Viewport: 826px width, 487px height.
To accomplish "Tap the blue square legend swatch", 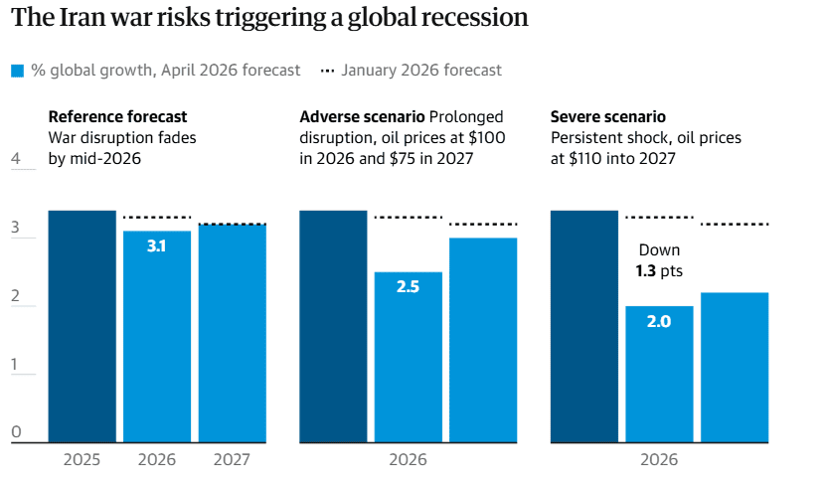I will coord(17,71).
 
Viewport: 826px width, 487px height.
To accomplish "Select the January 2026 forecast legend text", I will coord(421,71).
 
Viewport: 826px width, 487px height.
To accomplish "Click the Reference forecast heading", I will coord(117,117).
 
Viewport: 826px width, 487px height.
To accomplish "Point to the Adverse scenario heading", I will coord(363,117).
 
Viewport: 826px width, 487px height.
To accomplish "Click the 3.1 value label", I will coord(156,245).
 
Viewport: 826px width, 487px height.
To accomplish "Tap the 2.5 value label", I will coord(408,286).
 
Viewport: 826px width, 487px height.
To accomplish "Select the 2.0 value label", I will coord(658,321).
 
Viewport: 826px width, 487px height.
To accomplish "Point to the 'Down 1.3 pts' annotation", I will coord(660,260).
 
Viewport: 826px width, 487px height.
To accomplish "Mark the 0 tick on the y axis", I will coord(16,431).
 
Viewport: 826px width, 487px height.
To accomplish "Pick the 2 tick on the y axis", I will coord(16,296).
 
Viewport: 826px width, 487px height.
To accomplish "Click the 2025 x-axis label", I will coord(82,460).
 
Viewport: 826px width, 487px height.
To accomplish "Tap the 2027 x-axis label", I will coord(232,460).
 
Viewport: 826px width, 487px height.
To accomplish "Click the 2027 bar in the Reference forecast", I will coord(232,333).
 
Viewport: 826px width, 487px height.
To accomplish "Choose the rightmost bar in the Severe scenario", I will coord(734,367).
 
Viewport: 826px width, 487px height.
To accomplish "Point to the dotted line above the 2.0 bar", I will coord(658,217).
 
